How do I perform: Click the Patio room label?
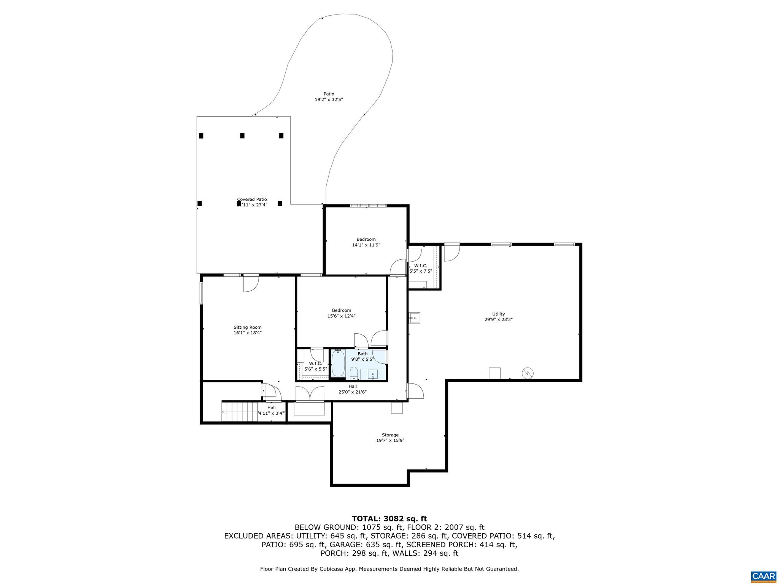(x=329, y=94)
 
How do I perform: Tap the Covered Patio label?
(x=252, y=199)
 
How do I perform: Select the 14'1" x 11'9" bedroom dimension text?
(x=366, y=245)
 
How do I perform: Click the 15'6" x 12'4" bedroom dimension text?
(x=341, y=316)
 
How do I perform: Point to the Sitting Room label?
(x=247, y=327)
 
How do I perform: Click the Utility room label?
(x=498, y=314)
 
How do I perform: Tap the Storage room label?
(x=390, y=435)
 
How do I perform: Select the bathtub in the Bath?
(x=338, y=364)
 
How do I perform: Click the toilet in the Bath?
(x=354, y=373)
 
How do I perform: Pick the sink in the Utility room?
(x=414, y=317)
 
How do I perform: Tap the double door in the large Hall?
(x=310, y=394)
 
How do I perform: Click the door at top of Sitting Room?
(x=251, y=283)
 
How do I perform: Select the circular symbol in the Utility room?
(x=528, y=373)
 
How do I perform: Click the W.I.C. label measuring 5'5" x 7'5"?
(x=420, y=266)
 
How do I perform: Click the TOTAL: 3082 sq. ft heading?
(x=389, y=519)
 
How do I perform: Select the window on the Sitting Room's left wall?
(x=201, y=292)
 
